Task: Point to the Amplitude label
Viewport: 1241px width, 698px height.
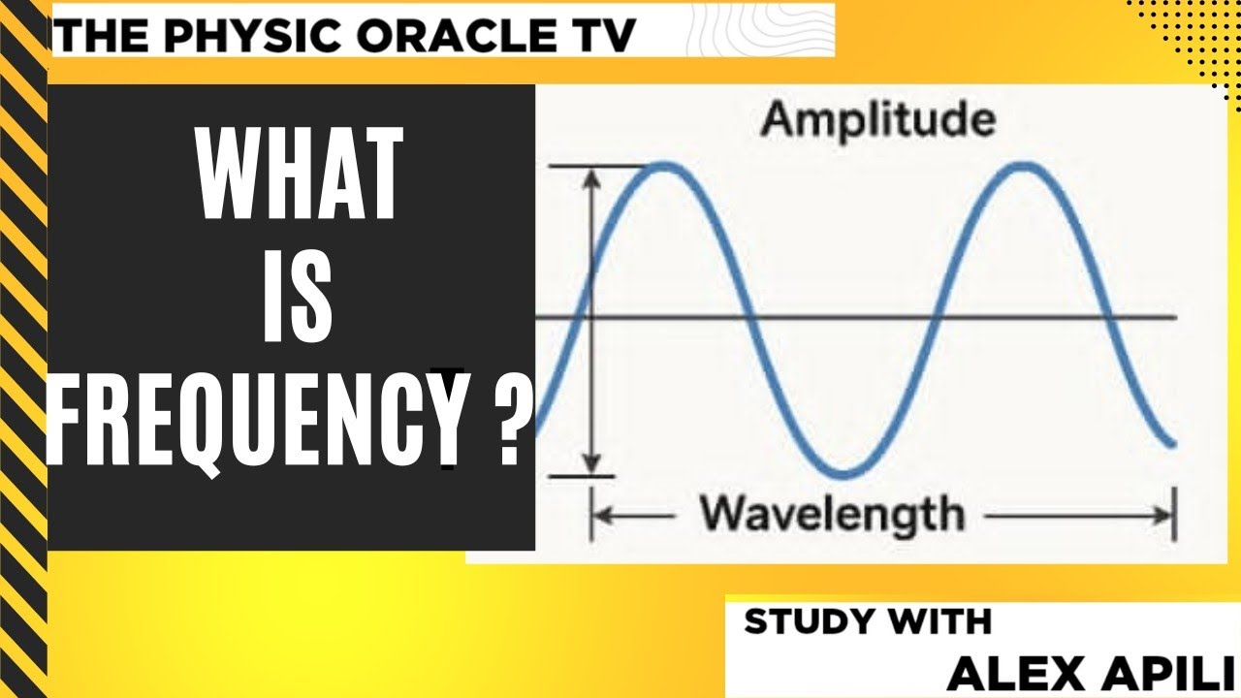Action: coord(877,120)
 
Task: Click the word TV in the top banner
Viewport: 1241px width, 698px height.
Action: coord(607,36)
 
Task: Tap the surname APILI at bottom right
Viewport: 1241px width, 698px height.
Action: coord(1155,672)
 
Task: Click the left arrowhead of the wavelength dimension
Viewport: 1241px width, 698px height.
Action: coord(599,515)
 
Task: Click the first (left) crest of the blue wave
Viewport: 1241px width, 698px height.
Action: coord(665,167)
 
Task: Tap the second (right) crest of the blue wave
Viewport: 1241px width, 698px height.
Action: coord(1024,167)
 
